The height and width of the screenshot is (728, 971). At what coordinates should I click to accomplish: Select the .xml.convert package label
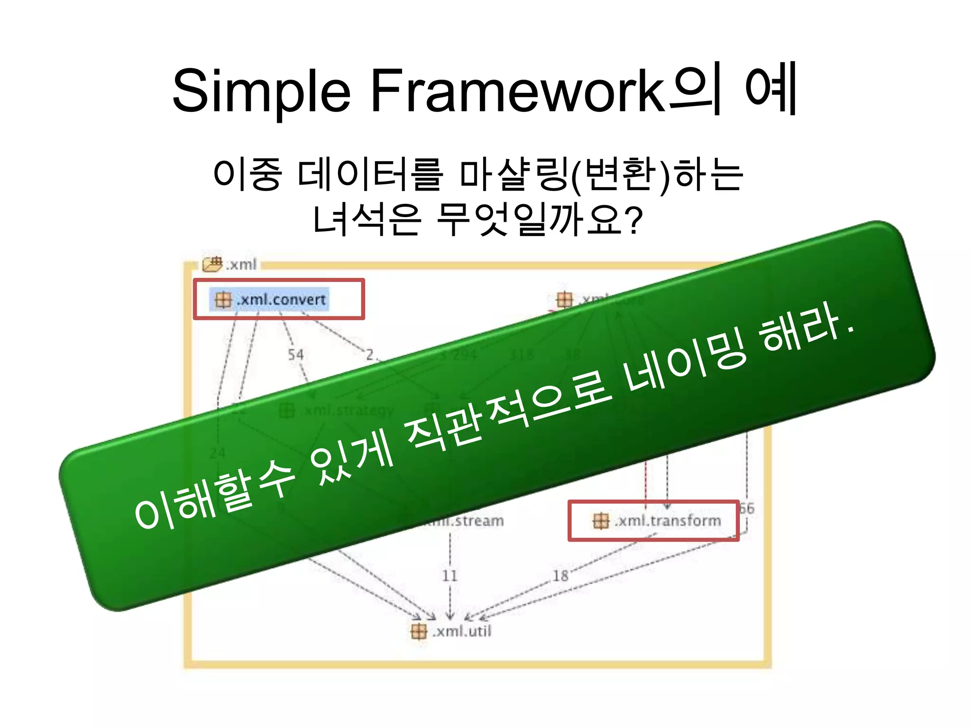pos(282,300)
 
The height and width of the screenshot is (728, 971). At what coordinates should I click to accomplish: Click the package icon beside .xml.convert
pos(222,300)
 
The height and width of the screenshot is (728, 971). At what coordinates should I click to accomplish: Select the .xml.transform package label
pos(668,520)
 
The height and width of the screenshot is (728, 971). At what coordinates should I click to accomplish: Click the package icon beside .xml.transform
pos(601,521)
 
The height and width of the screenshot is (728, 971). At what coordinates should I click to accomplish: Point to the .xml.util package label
pos(462,631)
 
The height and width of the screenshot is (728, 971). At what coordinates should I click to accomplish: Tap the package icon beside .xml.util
pos(419,631)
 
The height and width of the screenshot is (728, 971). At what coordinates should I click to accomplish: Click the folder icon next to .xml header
pos(212,264)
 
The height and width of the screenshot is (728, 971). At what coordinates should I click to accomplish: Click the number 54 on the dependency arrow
pos(296,355)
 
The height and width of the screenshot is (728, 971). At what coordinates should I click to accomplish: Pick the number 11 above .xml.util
pos(449,576)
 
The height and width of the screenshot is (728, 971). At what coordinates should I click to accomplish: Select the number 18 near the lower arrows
pos(560,576)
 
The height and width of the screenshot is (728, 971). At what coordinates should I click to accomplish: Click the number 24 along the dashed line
pos(218,453)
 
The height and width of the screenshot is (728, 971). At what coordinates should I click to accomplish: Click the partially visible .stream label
pos(469,521)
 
